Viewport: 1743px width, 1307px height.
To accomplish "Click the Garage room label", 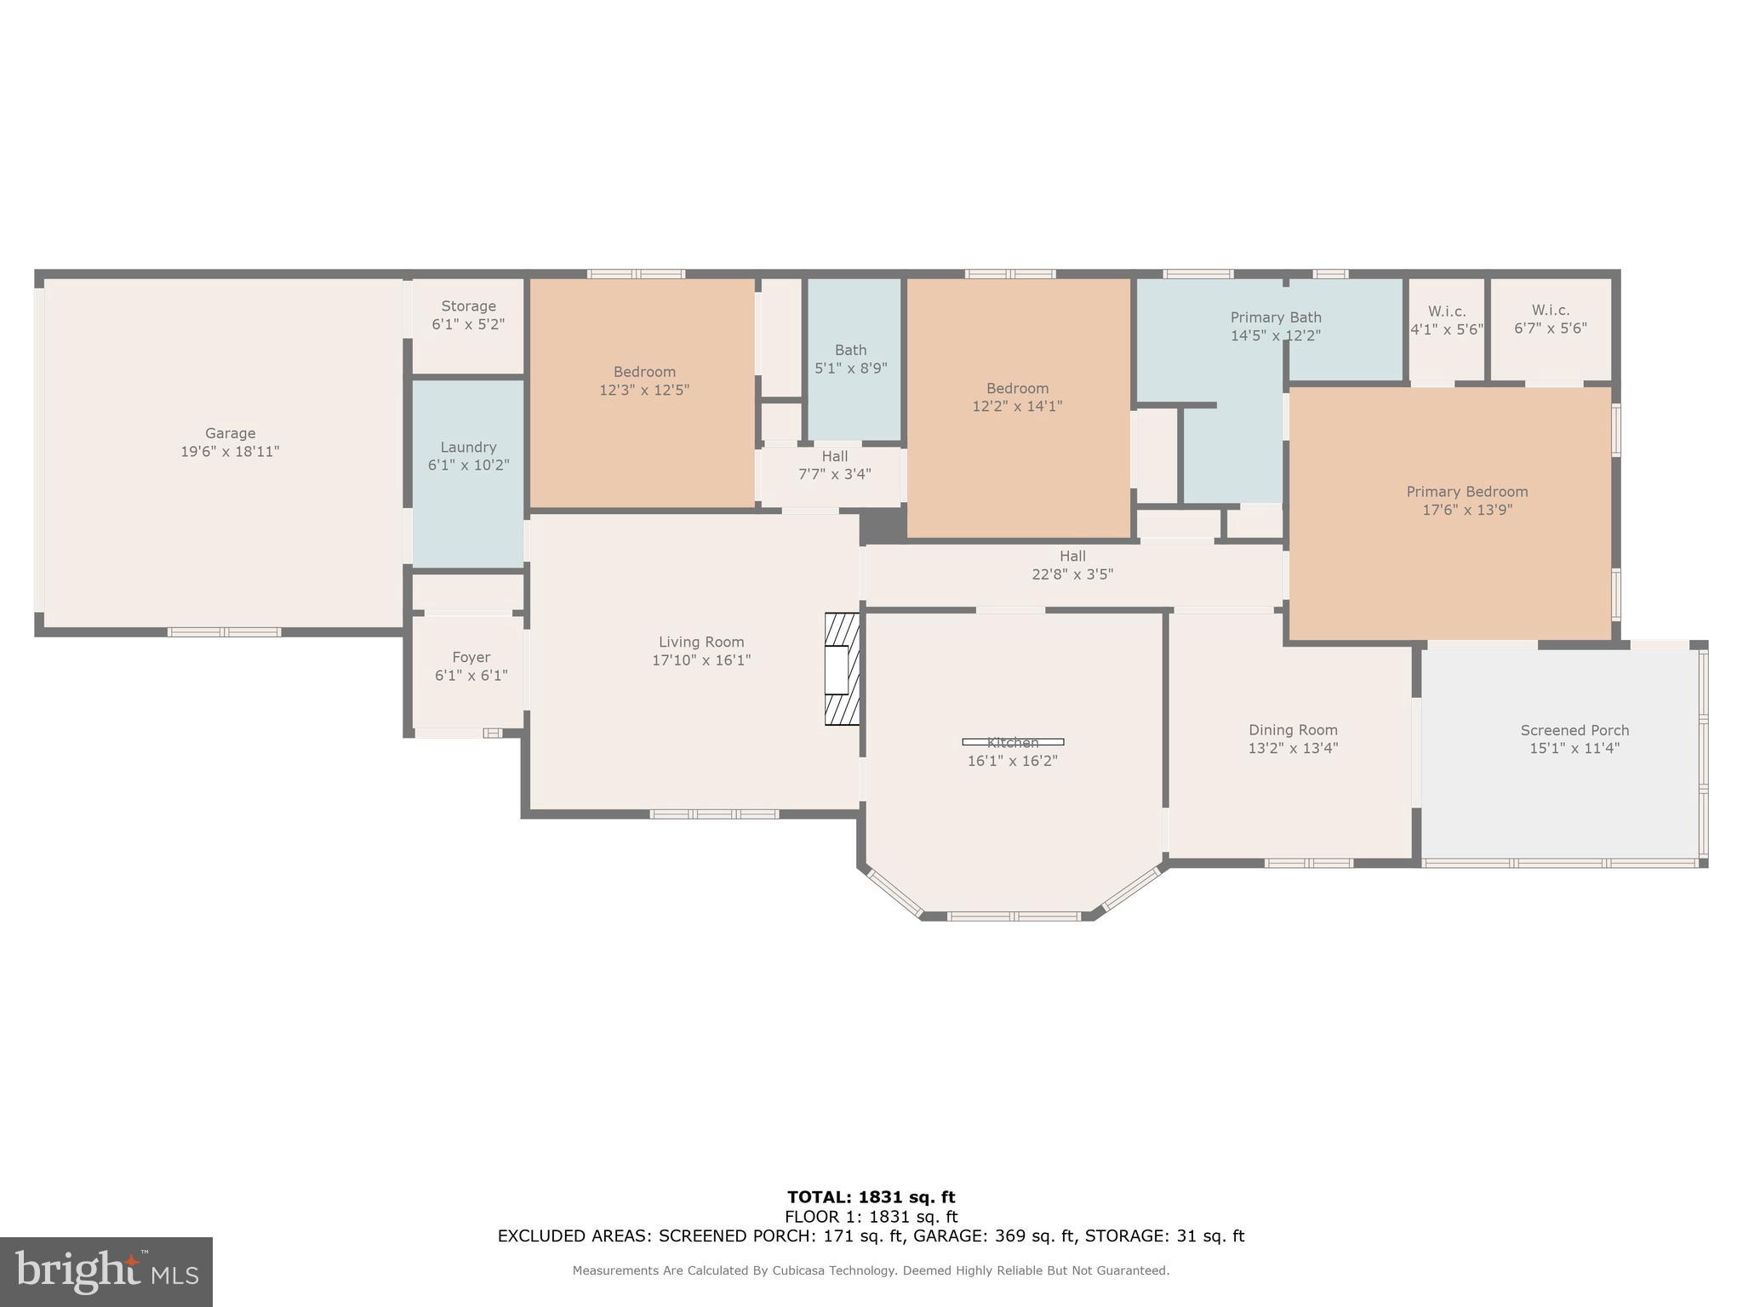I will tap(230, 433).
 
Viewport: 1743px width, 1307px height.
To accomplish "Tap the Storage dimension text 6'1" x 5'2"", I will tap(468, 324).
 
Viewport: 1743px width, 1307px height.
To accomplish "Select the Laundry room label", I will tap(468, 447).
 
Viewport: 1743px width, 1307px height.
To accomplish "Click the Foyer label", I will tap(471, 657).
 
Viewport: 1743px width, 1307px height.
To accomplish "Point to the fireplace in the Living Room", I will tap(842, 669).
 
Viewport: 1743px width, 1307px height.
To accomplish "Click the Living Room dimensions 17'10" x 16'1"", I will tap(701, 660).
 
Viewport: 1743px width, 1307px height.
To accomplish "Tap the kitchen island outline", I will tap(1013, 742).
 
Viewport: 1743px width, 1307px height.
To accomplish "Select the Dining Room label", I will tap(1293, 730).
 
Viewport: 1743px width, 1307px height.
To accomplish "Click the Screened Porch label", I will tap(1574, 730).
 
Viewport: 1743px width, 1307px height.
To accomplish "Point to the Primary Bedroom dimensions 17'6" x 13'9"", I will tap(1467, 510).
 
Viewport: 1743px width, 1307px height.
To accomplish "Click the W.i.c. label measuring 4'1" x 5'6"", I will tap(1447, 311).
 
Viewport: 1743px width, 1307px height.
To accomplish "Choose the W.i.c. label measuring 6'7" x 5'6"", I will tap(1551, 311).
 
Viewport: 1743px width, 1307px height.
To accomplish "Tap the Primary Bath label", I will tap(1276, 317).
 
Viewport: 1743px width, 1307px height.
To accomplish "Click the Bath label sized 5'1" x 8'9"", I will tap(850, 350).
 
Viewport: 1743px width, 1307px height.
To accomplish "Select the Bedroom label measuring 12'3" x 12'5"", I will tap(644, 372).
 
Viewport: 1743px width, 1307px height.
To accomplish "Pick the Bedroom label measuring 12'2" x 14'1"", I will tap(1017, 388).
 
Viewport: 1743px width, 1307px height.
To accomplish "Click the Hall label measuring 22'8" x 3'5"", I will tap(1072, 556).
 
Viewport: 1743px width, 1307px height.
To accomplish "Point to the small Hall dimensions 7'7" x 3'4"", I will tap(834, 474).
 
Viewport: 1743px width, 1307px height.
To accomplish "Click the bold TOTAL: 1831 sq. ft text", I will tap(871, 1197).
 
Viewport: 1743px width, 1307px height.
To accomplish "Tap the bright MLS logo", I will tap(106, 1271).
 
